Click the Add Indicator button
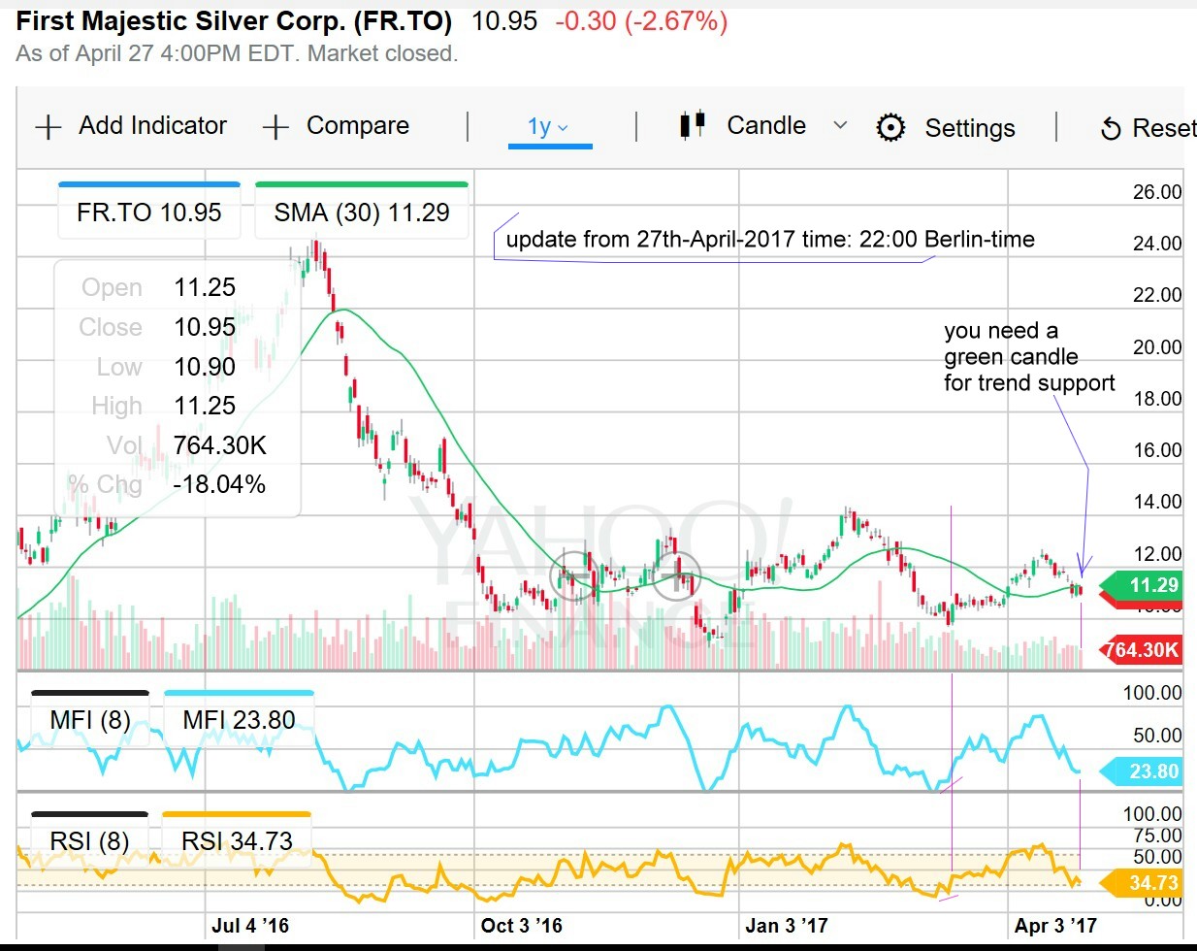click(x=131, y=126)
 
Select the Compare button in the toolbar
click(x=336, y=126)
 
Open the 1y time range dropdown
click(x=548, y=127)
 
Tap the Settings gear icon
click(x=890, y=128)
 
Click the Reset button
click(x=1148, y=128)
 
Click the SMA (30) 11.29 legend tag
click(x=362, y=213)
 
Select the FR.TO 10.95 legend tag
click(x=148, y=213)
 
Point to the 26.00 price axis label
click(x=1157, y=192)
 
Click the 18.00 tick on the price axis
click(x=1157, y=399)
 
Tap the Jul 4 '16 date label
click(x=250, y=926)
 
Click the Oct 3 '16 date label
click(x=521, y=926)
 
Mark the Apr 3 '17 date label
click(x=1055, y=926)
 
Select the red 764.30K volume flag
click(x=1142, y=650)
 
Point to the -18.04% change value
click(x=218, y=484)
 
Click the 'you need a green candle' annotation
click(x=1028, y=357)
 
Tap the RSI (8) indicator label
click(x=89, y=840)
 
